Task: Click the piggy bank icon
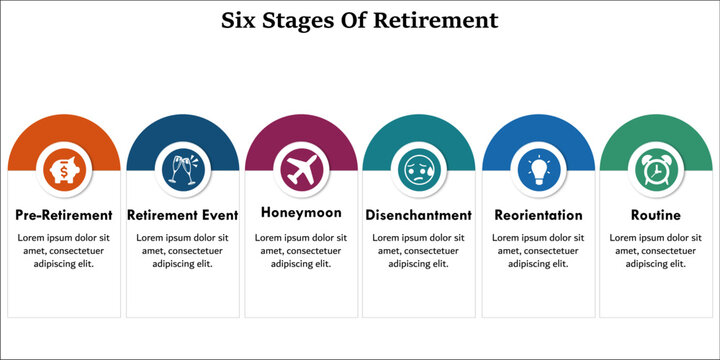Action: (64, 171)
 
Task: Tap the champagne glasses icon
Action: (183, 171)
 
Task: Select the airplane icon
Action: (301, 169)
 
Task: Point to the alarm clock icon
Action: (656, 171)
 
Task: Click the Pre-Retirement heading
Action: (64, 215)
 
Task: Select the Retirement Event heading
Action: (183, 215)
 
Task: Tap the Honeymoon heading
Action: (301, 213)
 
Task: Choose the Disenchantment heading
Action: (419, 215)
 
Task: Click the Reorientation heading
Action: (538, 215)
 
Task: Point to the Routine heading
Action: (656, 215)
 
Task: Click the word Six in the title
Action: (246, 20)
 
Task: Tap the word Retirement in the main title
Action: (436, 20)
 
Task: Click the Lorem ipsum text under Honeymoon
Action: (301, 250)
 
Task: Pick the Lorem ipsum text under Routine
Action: (656, 250)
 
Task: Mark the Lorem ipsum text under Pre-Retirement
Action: (64, 250)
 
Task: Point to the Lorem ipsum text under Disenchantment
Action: (419, 250)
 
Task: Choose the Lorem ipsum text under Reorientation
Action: (538, 250)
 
